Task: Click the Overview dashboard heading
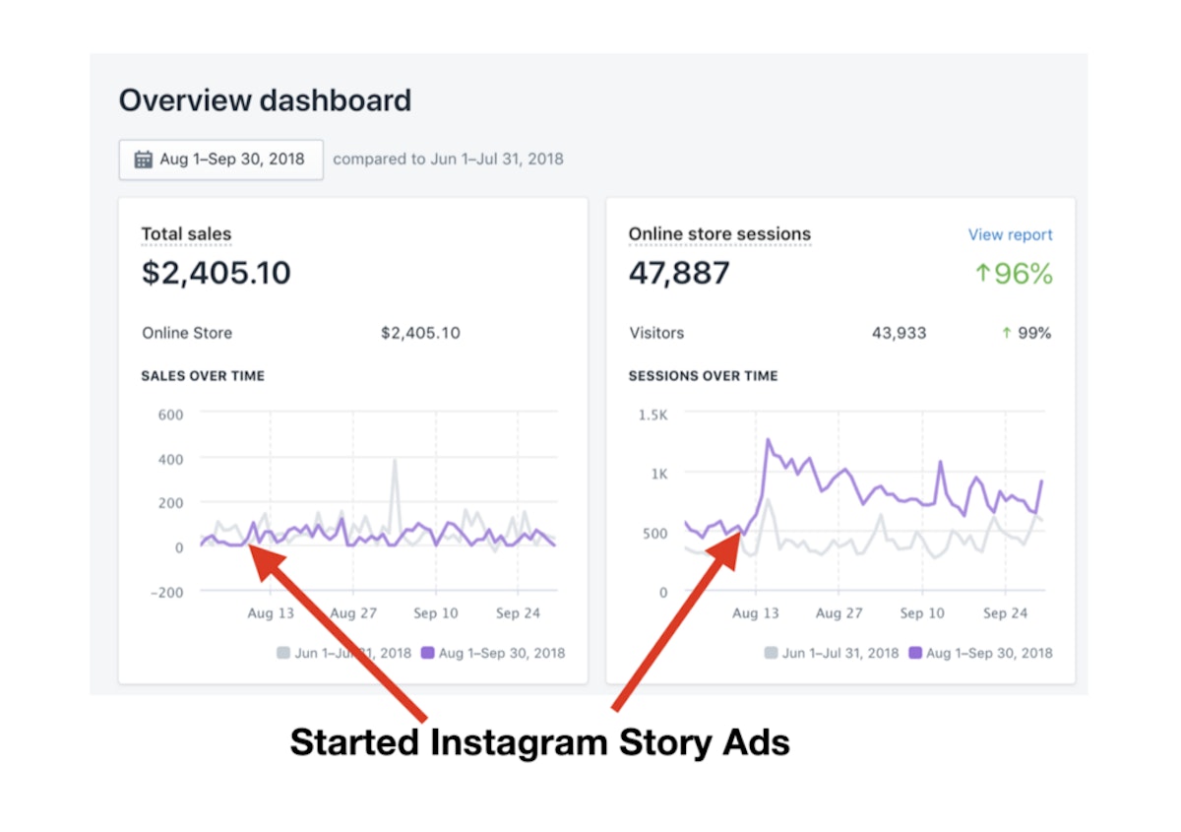[265, 100]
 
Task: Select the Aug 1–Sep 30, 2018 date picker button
[220, 160]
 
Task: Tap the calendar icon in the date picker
[144, 160]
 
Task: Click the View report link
[1010, 234]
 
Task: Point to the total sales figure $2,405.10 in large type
[217, 273]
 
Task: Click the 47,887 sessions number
[679, 273]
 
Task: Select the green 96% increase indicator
[1013, 274]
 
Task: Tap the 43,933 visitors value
[899, 333]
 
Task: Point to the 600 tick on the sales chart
[170, 414]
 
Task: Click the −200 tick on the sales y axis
[165, 591]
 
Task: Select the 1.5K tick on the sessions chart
[652, 415]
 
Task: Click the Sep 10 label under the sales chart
[435, 612]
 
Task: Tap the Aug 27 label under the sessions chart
[839, 612]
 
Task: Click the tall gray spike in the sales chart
[395, 463]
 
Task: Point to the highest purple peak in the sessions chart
[768, 441]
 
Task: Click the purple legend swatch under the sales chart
[427, 653]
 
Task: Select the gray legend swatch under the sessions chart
[771, 653]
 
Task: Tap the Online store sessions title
[719, 234]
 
